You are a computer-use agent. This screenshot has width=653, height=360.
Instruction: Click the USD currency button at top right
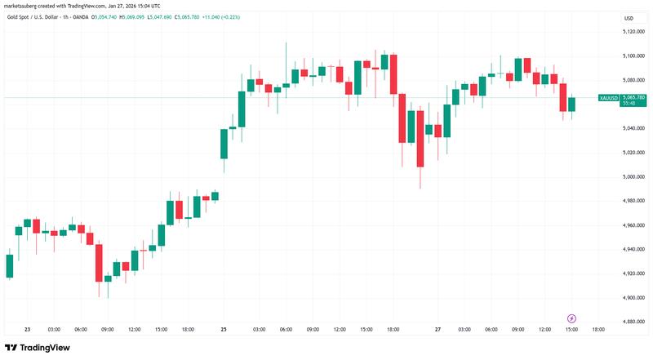tap(629, 18)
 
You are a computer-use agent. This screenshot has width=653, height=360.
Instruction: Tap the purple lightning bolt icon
tap(571, 318)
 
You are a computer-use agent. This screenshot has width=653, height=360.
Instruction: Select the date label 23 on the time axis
tap(27, 329)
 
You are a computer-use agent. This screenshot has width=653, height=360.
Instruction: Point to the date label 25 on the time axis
tap(223, 329)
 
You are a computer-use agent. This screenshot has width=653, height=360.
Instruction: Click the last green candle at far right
tap(572, 104)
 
